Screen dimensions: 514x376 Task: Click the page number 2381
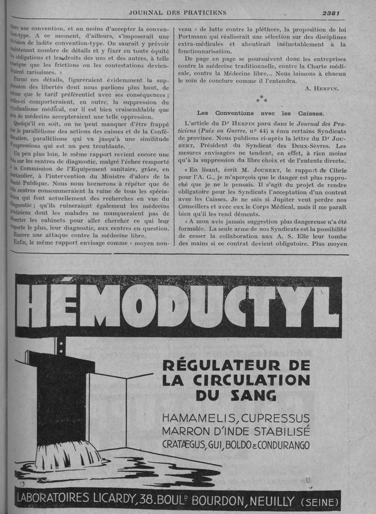331,13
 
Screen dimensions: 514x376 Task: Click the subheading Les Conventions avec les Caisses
260,113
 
